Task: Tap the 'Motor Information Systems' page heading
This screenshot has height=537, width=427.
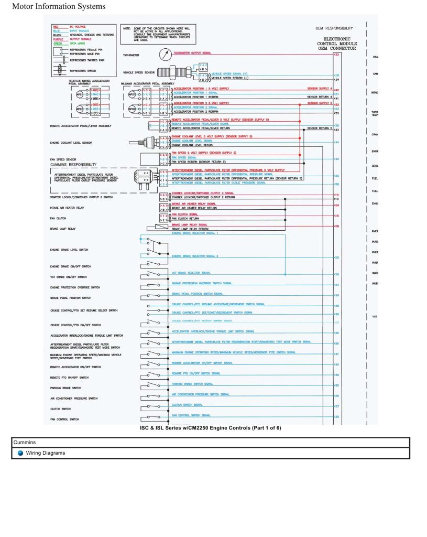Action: pos(58,7)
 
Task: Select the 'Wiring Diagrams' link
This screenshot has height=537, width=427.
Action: pos(46,453)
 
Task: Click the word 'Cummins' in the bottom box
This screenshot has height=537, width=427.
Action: pos(25,443)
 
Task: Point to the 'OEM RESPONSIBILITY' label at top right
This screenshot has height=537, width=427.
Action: pos(334,28)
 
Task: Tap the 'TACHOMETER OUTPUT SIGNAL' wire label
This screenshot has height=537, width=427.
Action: pos(192,53)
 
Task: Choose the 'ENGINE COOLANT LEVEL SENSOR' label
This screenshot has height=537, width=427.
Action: pos(71,142)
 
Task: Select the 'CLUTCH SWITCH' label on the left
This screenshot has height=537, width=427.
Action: pos(60,409)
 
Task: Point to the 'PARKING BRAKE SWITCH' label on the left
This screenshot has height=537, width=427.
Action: pos(65,388)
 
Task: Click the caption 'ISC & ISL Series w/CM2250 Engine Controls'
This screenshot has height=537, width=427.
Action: pos(210,428)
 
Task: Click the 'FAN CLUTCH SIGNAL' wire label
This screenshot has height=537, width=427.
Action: pos(185,214)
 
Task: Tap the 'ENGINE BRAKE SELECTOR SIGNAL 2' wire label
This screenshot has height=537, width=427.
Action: pos(195,256)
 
